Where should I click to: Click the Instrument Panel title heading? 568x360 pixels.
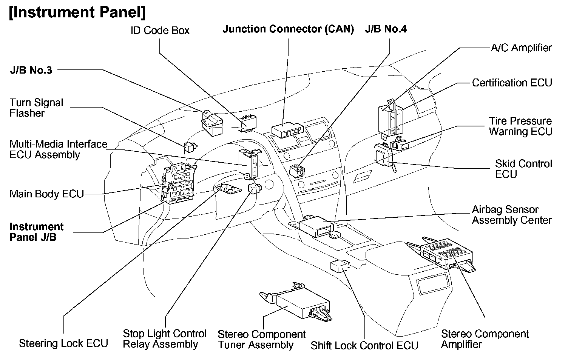click(77, 12)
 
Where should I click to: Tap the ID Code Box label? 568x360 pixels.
click(160, 31)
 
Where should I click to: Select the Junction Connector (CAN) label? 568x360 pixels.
click(288, 29)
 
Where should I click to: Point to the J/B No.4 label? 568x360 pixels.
click(386, 29)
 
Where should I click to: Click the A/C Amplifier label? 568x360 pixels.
click(521, 48)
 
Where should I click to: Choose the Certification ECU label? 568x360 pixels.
click(512, 83)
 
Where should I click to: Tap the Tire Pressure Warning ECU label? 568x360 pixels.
click(520, 126)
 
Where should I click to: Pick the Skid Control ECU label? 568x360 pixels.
click(523, 169)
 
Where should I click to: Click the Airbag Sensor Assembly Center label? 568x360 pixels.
click(512, 215)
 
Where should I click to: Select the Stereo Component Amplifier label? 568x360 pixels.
click(485, 339)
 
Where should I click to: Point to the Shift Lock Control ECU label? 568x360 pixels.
click(364, 346)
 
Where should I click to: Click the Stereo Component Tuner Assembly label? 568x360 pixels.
click(261, 340)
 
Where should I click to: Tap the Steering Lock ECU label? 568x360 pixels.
click(63, 343)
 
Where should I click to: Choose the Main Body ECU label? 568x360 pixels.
click(46, 194)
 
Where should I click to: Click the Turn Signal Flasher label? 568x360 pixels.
click(36, 108)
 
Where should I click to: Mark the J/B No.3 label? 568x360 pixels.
click(31, 70)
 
